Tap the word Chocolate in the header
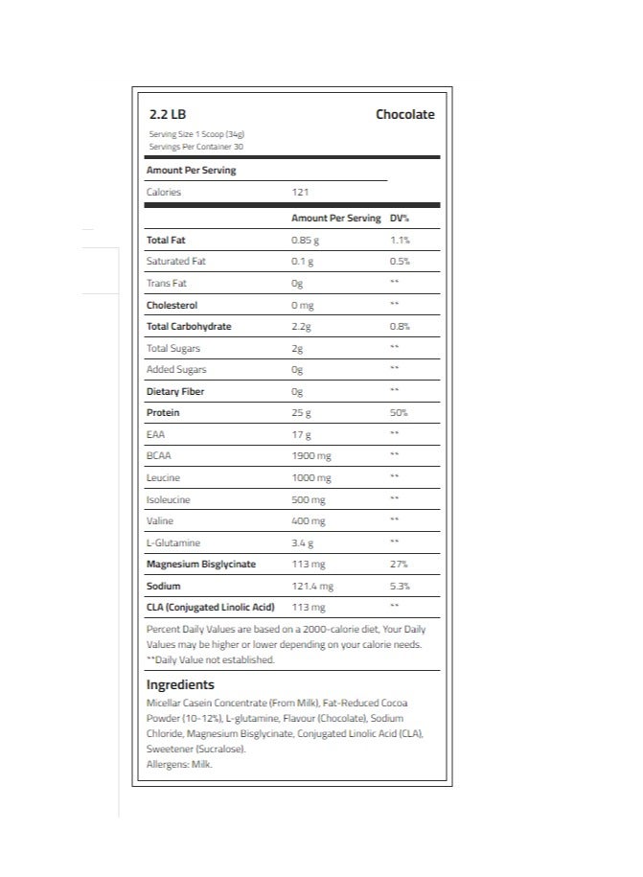(404, 115)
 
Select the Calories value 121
(300, 193)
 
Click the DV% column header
(400, 219)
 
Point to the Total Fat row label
(166, 240)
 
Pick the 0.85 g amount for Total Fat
(304, 240)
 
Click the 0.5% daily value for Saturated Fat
(400, 262)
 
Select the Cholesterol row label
(172, 305)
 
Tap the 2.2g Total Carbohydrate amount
(302, 327)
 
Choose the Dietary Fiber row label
(174, 391)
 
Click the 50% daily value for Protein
(399, 413)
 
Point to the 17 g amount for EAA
(301, 435)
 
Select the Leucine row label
(163, 478)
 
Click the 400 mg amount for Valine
(308, 521)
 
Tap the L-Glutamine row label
(172, 543)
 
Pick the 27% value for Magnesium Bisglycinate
(399, 565)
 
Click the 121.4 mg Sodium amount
(312, 587)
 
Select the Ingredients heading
(180, 685)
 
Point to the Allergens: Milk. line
(179, 765)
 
